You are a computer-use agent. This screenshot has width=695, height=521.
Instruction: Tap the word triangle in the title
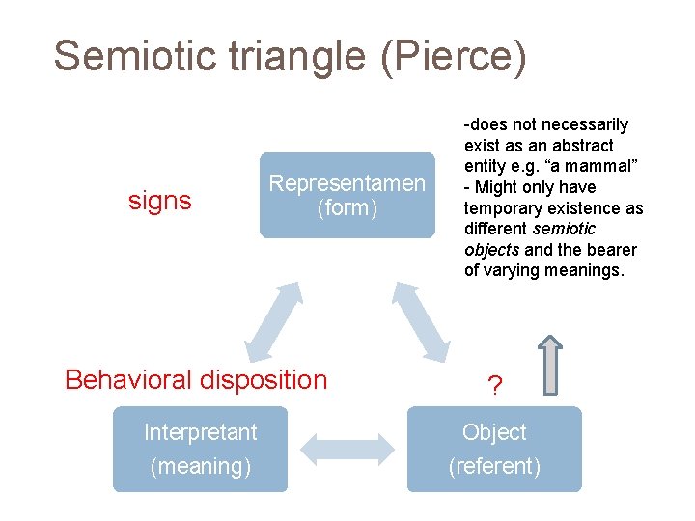(293, 56)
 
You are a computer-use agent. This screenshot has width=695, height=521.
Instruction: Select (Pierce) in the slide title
(454, 56)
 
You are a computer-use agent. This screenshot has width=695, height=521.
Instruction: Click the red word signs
(160, 201)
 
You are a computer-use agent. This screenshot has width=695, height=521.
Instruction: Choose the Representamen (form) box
(347, 195)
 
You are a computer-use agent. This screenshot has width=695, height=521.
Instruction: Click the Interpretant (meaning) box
(200, 449)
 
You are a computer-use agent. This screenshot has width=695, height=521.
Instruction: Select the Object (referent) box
(494, 449)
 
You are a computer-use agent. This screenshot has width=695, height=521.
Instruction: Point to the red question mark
(494, 387)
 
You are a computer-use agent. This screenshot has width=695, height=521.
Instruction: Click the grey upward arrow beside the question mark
(550, 365)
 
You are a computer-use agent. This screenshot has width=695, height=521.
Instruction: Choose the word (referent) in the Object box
(494, 466)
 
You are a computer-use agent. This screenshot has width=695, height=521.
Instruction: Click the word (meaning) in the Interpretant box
(200, 466)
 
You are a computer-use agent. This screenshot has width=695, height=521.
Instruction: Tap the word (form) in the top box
(347, 207)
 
